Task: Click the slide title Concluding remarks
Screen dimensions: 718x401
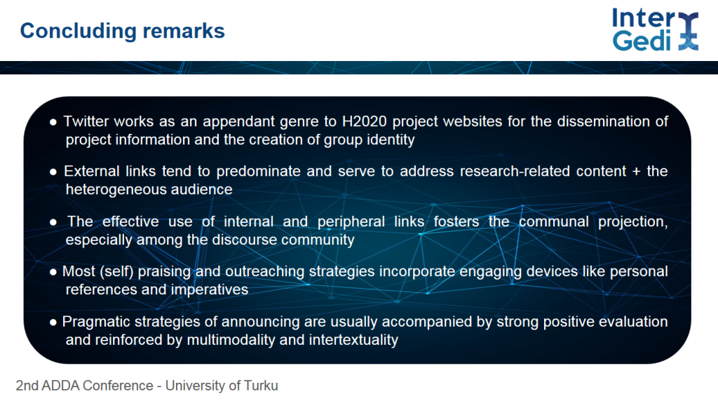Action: pyautogui.click(x=122, y=31)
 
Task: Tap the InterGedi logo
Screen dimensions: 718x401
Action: pyautogui.click(x=656, y=29)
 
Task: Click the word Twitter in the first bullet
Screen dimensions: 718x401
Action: pyautogui.click(x=86, y=121)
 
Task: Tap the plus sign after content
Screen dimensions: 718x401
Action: pyautogui.click(x=636, y=172)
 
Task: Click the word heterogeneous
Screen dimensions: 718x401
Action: pyautogui.click(x=117, y=190)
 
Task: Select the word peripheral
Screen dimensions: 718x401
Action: pyautogui.click(x=351, y=222)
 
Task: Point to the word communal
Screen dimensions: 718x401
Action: pyautogui.click(x=554, y=222)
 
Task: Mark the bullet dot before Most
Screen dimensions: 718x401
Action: pyautogui.click(x=53, y=273)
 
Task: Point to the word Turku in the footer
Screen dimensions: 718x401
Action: pyautogui.click(x=261, y=386)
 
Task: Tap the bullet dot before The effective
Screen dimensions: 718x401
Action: pyautogui.click(x=53, y=222)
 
